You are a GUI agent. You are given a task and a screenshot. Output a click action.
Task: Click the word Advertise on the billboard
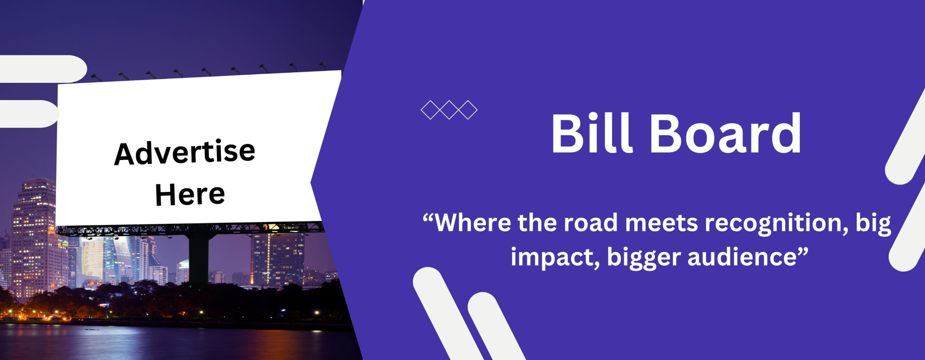point(185,152)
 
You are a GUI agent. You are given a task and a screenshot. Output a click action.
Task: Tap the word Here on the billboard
point(190,194)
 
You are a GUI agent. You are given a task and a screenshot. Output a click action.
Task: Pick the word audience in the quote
point(742,257)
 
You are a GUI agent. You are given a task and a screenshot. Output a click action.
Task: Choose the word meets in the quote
point(662,223)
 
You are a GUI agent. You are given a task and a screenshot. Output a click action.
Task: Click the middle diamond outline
point(449,110)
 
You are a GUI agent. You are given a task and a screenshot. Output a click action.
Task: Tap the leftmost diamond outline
point(430,110)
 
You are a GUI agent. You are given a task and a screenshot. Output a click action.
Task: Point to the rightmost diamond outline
point(468,110)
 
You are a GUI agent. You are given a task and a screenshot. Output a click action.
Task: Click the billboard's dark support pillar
point(199,258)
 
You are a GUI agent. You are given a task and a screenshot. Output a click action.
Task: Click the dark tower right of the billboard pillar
point(278,259)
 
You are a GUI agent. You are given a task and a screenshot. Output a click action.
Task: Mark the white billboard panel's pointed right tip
point(311,183)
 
